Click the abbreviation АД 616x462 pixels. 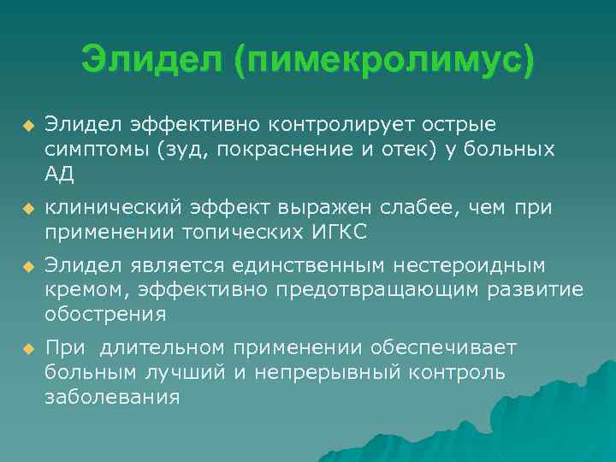tap(60, 175)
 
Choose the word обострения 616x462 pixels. tap(105, 315)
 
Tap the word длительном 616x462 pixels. tap(163, 347)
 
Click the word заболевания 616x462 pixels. tap(112, 397)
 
